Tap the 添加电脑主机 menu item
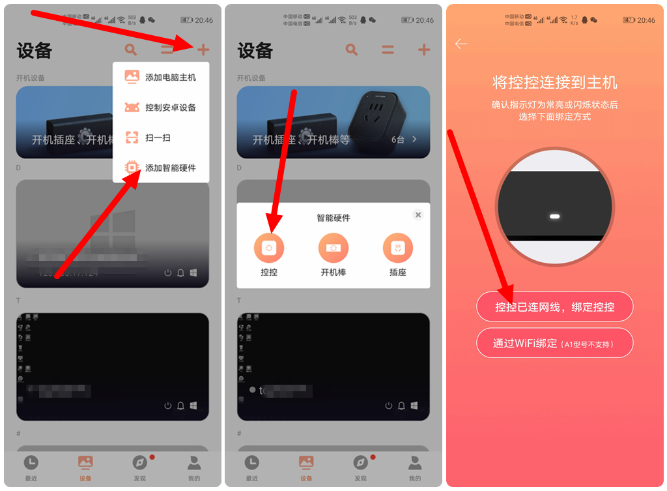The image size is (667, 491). [160, 78]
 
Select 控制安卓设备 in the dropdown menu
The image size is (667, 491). [160, 108]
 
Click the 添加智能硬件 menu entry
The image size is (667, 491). [160, 168]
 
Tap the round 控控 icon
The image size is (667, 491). [269, 248]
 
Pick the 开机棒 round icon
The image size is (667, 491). [333, 248]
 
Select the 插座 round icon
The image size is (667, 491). [398, 248]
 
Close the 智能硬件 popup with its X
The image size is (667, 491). [418, 215]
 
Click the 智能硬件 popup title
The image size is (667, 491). [333, 218]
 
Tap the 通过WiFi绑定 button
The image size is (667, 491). [554, 344]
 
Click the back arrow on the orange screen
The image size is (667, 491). [461, 44]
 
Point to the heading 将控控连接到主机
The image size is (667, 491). [554, 83]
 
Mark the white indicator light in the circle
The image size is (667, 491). [554, 216]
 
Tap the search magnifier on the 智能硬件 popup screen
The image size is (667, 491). [352, 50]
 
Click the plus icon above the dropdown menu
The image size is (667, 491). [203, 50]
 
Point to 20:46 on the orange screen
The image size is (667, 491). [646, 20]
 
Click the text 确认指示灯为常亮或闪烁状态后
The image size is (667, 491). [554, 105]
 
